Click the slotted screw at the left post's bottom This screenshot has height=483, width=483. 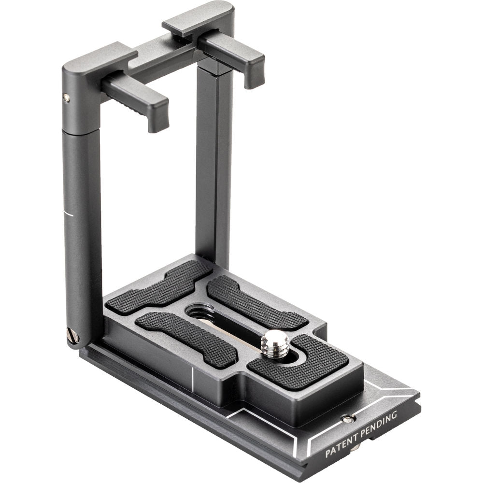(73, 335)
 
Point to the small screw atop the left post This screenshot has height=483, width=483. (66, 98)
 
